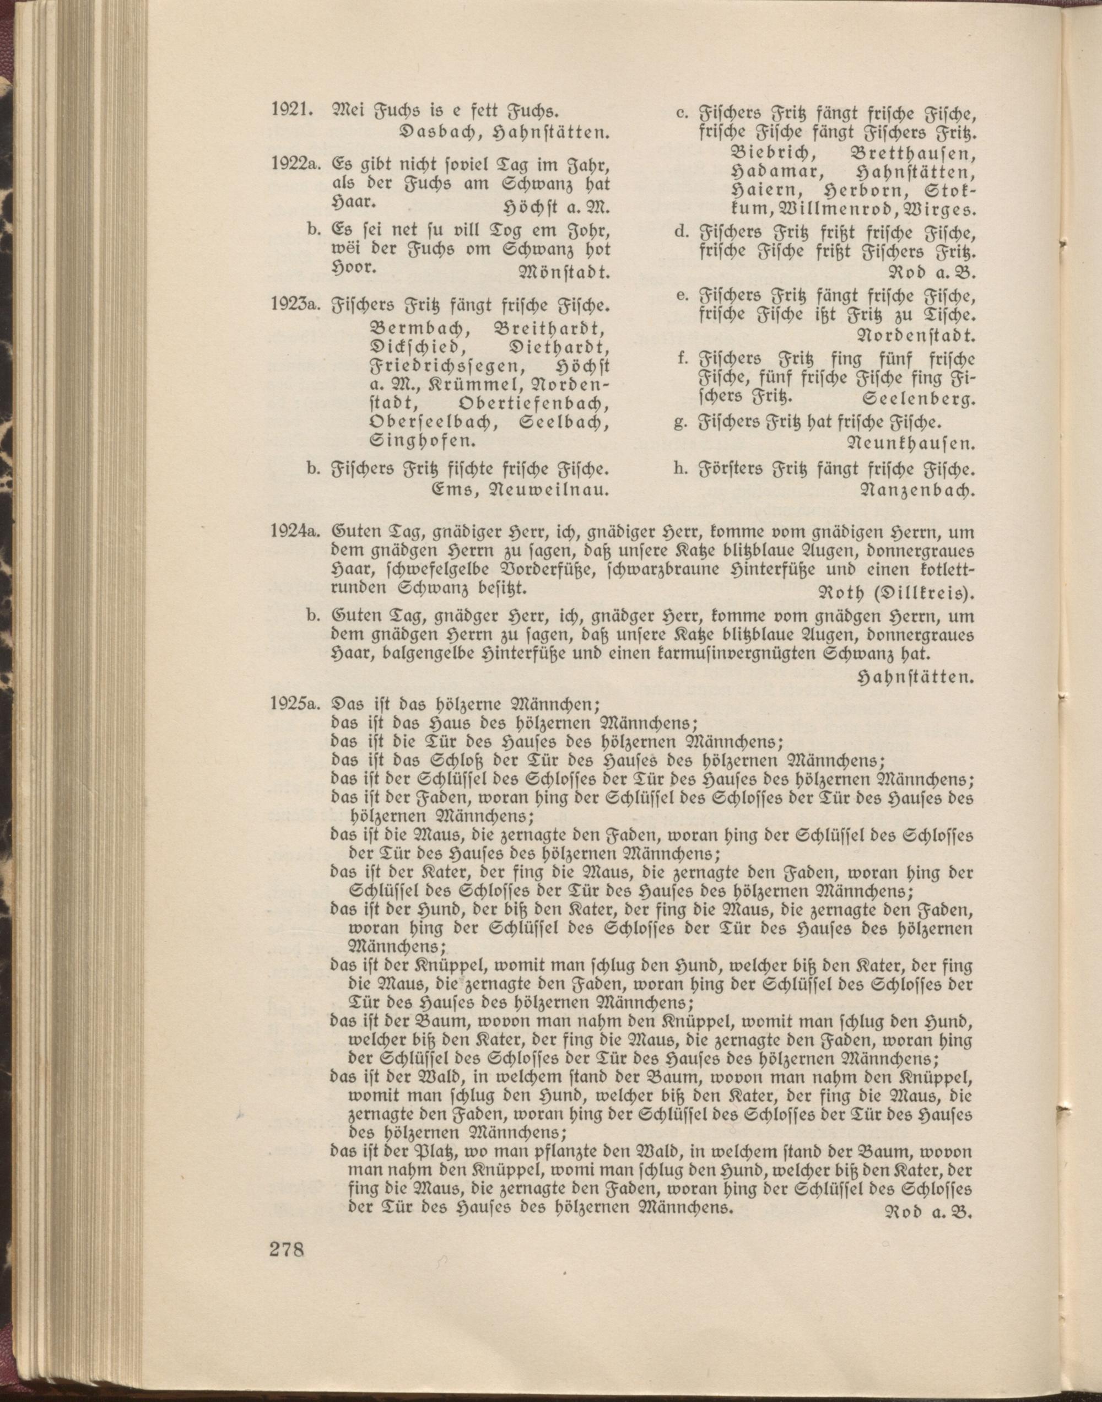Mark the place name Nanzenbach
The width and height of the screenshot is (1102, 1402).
916,490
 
